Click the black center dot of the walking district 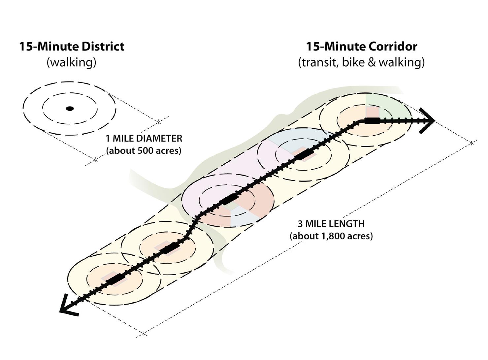(70, 109)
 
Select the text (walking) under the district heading (71, 62)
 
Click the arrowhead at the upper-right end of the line (428, 121)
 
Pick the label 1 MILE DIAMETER (144, 138)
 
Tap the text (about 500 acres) (144, 150)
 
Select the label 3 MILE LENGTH (331, 224)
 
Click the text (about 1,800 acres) (331, 236)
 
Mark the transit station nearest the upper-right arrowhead (372, 120)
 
